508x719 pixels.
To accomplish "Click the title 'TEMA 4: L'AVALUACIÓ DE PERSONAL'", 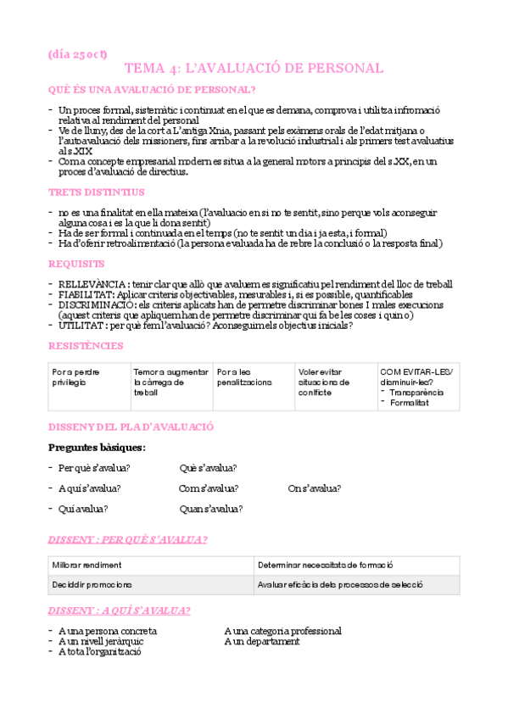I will click(x=254, y=68).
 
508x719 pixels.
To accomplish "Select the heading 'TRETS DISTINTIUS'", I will click(x=96, y=192).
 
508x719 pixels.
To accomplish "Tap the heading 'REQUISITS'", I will click(x=76, y=264).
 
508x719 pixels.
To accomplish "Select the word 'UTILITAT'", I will click(x=82, y=326).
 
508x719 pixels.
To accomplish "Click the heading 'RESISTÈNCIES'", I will click(x=86, y=346).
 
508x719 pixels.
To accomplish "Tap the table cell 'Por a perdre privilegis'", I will click(x=75, y=377).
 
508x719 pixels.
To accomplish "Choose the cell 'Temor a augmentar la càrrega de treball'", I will click(x=170, y=382).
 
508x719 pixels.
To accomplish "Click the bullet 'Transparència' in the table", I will click(x=416, y=392).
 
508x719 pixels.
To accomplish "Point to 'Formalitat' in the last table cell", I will click(x=410, y=402).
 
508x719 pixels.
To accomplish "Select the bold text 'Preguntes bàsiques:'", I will click(x=97, y=447).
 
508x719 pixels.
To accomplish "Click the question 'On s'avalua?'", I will click(x=314, y=488).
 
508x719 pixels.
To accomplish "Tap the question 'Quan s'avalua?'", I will click(x=211, y=509).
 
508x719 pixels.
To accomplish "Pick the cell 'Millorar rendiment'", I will click(x=86, y=565).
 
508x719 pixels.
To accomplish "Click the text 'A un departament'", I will click(x=262, y=641).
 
